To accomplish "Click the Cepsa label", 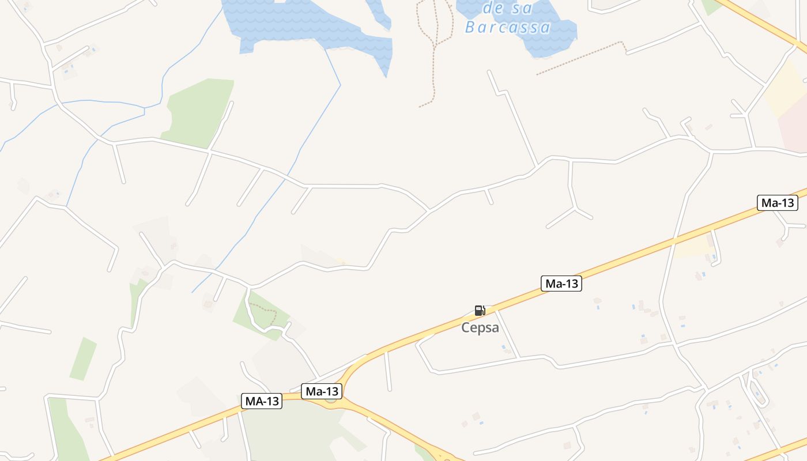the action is pos(480,327).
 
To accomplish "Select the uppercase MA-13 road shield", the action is pos(262,401).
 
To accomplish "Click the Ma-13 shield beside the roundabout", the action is pos(322,391).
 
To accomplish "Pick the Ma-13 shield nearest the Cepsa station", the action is pos(561,284).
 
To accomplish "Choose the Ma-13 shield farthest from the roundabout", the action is pos(777,203).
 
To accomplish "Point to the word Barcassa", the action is pos(507,27).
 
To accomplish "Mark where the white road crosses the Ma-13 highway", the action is pos(673,243).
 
